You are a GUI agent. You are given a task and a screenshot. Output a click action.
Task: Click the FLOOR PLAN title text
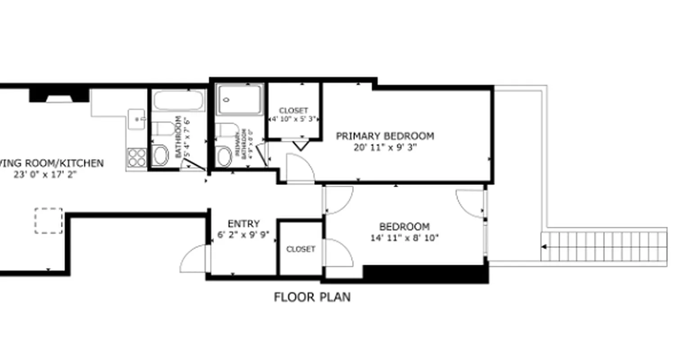coord(312,297)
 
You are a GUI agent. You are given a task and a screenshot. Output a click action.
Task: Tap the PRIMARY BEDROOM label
coord(385,136)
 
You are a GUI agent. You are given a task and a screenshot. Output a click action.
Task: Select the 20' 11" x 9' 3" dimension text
coord(385,148)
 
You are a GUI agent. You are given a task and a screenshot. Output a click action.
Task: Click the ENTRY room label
coord(243,224)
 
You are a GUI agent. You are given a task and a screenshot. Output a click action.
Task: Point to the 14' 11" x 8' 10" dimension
coord(404,238)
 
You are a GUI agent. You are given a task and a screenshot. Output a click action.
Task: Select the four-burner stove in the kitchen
coord(136,157)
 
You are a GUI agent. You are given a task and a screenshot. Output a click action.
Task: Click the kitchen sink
coord(136,119)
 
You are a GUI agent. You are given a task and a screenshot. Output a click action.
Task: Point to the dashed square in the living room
coord(49,220)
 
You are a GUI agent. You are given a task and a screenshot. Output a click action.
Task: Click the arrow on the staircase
coord(544,247)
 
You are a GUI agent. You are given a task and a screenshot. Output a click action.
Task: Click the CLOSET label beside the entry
coord(301,249)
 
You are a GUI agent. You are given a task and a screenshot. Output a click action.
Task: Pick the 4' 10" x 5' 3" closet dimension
coord(294,120)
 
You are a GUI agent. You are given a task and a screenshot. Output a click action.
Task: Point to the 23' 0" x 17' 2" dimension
coord(45,175)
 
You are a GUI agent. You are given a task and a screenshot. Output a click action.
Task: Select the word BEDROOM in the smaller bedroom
coord(404,226)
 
